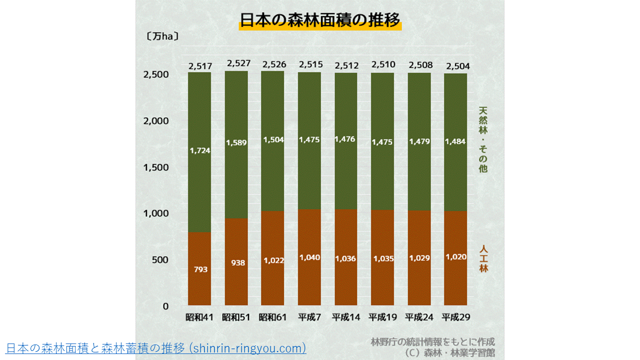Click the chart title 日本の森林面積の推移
(320, 20)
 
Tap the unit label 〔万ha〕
(163, 36)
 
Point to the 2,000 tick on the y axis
(156, 121)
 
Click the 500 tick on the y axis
(160, 260)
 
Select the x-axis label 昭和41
(199, 317)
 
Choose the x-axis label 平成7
(309, 317)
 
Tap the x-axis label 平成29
(455, 317)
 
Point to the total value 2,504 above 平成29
(457, 66)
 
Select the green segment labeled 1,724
(199, 150)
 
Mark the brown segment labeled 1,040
(309, 257)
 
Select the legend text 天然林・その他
(482, 139)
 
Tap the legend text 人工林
(483, 258)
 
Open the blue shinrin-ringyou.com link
(156, 348)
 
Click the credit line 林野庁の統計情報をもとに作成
(432, 342)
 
